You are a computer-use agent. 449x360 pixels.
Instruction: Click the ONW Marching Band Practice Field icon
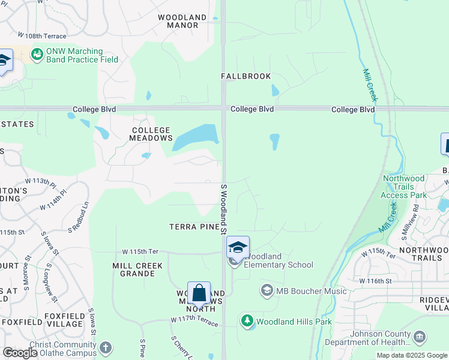tap(37, 55)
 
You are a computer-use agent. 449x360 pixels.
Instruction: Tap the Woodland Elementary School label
tap(278, 260)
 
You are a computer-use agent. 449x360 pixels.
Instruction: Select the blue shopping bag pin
tap(199, 294)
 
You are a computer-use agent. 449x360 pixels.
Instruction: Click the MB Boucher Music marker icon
tap(267, 291)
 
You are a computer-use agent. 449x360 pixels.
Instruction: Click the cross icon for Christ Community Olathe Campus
tap(106, 347)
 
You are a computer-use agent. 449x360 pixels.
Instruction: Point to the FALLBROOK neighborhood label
tap(246, 76)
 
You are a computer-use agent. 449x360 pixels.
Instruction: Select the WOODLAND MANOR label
tap(182, 22)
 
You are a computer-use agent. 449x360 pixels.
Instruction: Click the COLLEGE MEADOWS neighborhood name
tap(151, 134)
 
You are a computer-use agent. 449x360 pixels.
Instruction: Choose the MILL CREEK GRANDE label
tap(133, 269)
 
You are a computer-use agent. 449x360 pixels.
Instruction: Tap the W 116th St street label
tap(375, 280)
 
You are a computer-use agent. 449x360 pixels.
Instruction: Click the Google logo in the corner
tap(20, 353)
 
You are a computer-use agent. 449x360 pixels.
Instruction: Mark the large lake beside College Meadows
tap(196, 138)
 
